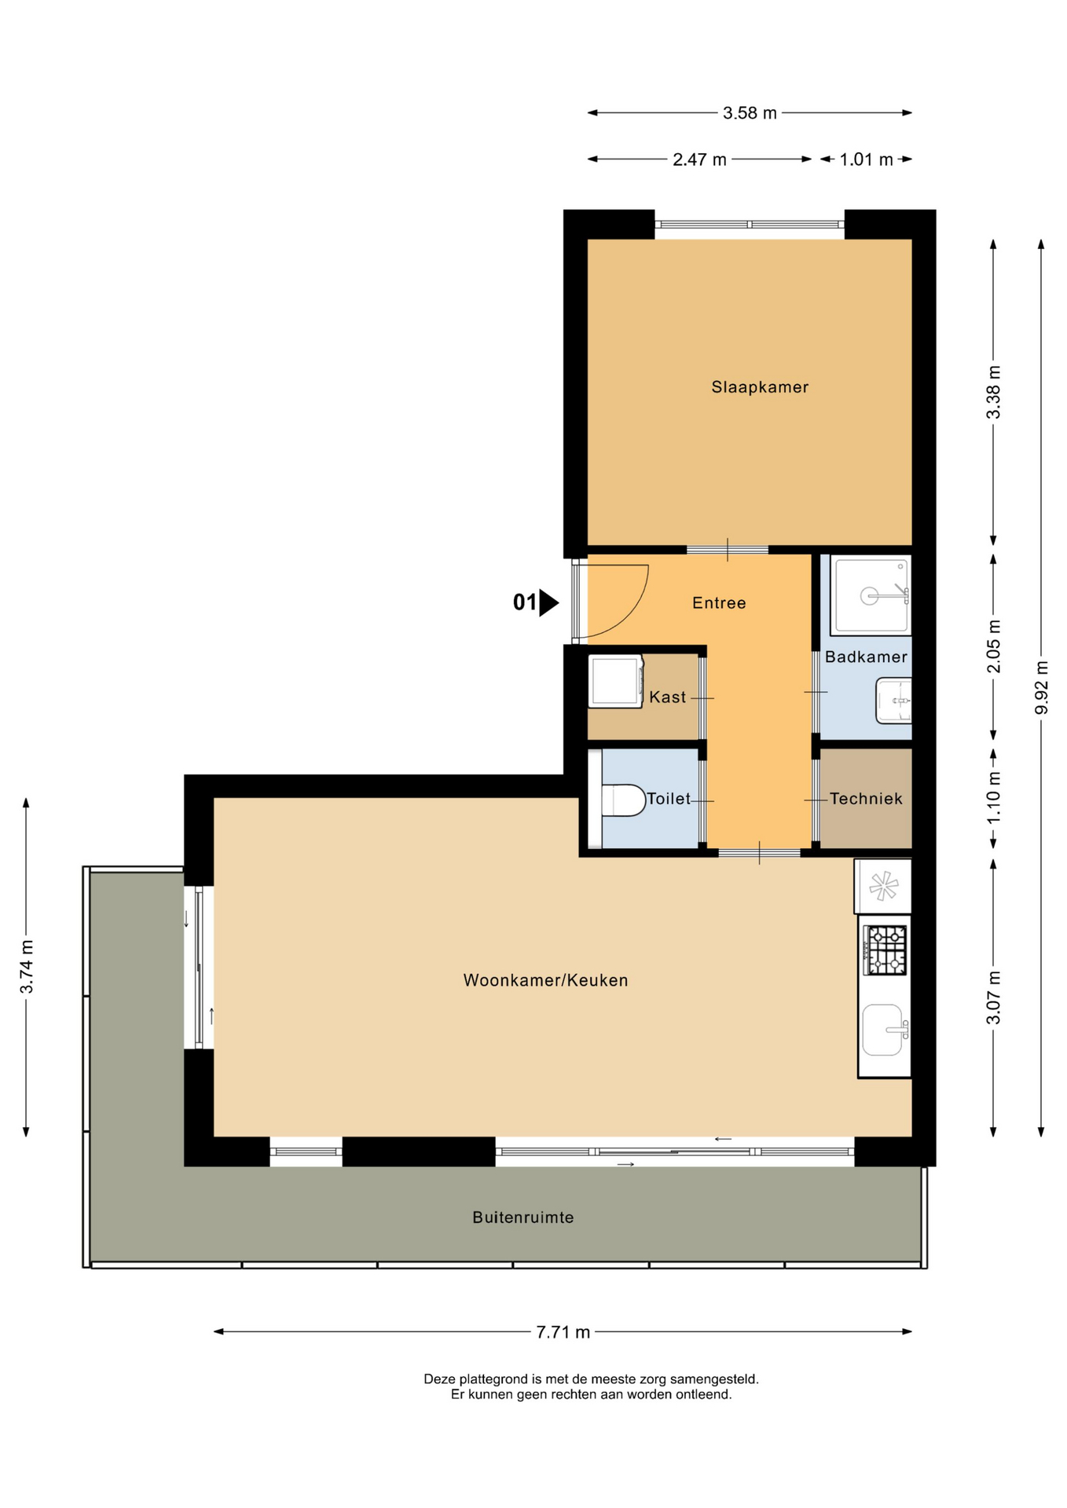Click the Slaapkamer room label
click(759, 386)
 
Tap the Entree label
click(719, 602)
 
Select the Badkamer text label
click(866, 657)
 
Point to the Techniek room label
click(866, 798)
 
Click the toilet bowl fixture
click(623, 800)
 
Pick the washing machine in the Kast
click(616, 682)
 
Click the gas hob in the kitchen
click(885, 950)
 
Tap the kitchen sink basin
click(882, 1030)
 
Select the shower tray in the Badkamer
click(871, 595)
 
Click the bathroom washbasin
click(894, 700)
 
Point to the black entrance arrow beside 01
click(548, 603)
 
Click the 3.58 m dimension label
click(750, 113)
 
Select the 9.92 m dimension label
click(1042, 688)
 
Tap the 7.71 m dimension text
click(563, 1332)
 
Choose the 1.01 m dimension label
click(866, 159)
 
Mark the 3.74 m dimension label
click(27, 967)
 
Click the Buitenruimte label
click(522, 1217)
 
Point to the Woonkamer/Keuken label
click(545, 980)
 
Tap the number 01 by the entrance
click(524, 602)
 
